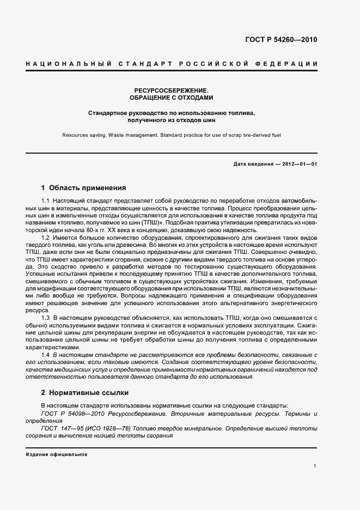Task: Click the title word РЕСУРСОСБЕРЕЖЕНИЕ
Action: [172, 89]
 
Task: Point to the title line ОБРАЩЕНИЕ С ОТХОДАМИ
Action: [172, 98]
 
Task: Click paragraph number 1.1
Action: [46, 202]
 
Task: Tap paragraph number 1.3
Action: [46, 317]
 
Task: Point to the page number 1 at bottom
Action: [315, 465]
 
